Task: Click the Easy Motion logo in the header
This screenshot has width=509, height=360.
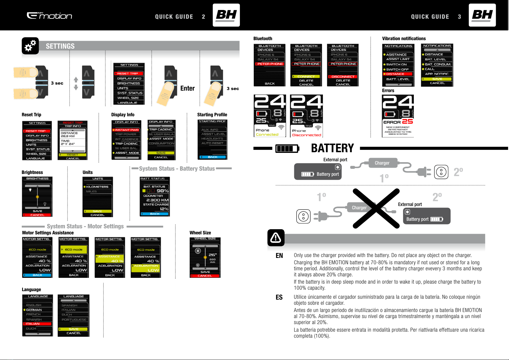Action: [x=50, y=15]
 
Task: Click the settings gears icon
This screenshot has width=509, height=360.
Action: [x=30, y=46]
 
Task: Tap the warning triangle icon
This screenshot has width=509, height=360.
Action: [x=276, y=238]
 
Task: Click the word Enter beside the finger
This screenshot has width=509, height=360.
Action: [x=187, y=88]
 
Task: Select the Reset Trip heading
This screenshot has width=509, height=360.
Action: [x=31, y=115]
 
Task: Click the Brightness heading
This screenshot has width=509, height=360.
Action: [x=32, y=172]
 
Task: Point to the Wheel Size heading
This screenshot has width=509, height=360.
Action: [x=200, y=233]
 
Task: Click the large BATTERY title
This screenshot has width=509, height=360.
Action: [x=332, y=148]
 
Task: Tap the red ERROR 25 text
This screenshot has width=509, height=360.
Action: [x=398, y=122]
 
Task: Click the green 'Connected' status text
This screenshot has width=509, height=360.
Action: [x=267, y=135]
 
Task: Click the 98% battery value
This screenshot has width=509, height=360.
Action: [x=163, y=191]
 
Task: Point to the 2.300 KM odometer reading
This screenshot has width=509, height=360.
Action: [x=157, y=200]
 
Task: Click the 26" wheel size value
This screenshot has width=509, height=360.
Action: [x=213, y=255]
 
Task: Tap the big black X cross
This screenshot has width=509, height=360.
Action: [x=376, y=208]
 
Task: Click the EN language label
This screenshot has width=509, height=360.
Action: [x=279, y=256]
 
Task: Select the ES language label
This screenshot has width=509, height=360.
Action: [x=279, y=297]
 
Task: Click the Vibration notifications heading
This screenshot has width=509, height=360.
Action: [x=404, y=39]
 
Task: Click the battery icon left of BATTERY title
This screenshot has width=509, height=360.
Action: [x=287, y=148]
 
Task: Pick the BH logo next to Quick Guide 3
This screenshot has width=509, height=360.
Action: [x=482, y=15]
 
